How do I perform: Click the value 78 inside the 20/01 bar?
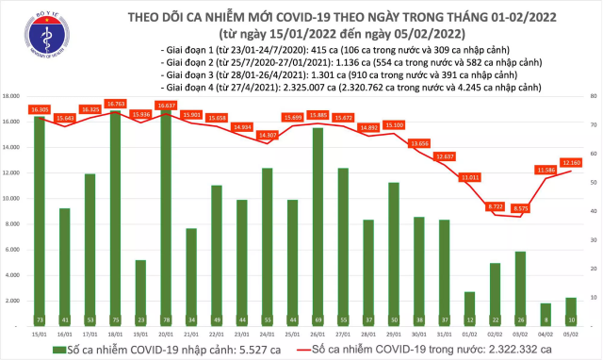tap(166, 319)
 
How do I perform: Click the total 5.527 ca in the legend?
tap(240, 349)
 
